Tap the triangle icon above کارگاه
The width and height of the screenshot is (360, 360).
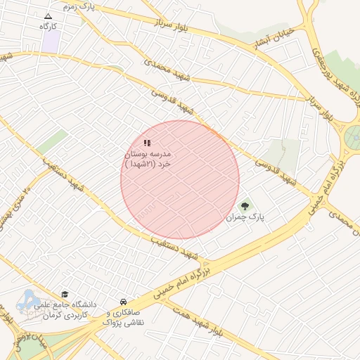[x=48, y=15]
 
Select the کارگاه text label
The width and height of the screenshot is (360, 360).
[x=48, y=26]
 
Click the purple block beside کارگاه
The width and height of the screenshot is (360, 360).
[x=50, y=40]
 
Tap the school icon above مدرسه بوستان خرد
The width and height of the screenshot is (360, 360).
[x=147, y=143]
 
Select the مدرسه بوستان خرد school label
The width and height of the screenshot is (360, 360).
[x=148, y=158]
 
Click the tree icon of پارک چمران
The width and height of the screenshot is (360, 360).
[x=245, y=206]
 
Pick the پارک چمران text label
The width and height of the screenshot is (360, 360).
[x=245, y=217]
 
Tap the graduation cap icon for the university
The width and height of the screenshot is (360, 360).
[x=65, y=295]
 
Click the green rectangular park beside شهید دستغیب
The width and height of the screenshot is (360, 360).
[x=53, y=141]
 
